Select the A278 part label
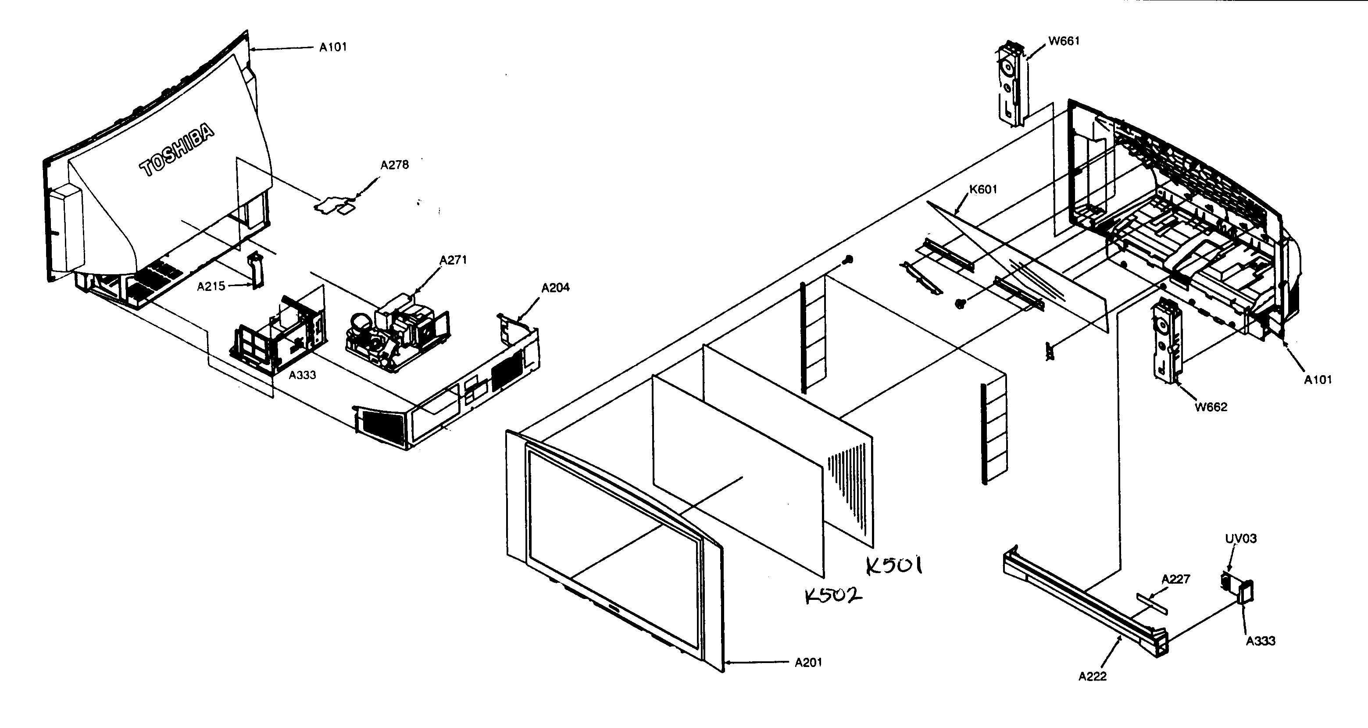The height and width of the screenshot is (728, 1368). (x=395, y=165)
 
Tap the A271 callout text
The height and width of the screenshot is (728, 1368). (x=453, y=260)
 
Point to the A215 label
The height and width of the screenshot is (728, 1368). (x=211, y=287)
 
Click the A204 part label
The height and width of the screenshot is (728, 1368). (x=555, y=287)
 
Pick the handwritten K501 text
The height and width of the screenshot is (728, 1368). (x=894, y=566)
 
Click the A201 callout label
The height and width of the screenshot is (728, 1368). (x=808, y=662)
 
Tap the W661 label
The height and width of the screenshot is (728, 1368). (x=1064, y=41)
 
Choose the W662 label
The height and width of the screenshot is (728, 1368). (x=1211, y=407)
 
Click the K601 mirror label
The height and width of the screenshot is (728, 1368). (x=983, y=189)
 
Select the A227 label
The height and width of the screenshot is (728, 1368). (x=1176, y=579)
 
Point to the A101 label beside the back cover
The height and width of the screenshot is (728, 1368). (x=333, y=47)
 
